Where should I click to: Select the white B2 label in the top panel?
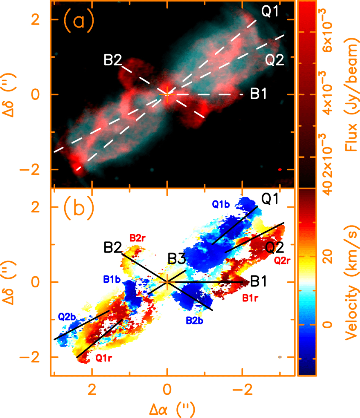pos(112,61)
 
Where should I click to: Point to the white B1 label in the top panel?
pos(259,95)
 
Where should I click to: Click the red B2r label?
pos(138,237)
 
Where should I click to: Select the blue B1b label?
pos(112,279)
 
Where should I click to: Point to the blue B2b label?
pos(195,321)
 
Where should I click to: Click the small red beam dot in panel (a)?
pos(280,169)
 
